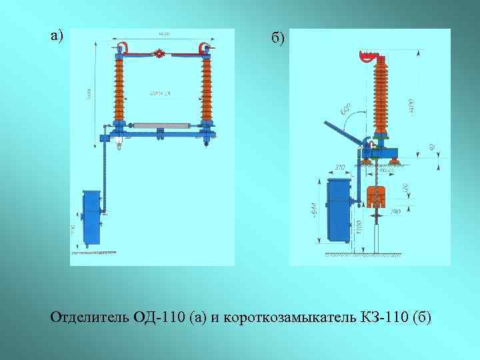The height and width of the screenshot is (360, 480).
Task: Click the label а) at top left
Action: (x=57, y=35)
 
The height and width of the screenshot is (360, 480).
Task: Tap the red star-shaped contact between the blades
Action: (x=159, y=54)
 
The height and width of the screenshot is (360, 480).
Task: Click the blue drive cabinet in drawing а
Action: (x=91, y=217)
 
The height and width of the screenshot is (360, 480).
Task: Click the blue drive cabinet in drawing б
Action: (x=340, y=210)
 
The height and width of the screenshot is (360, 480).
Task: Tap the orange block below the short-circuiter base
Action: (x=377, y=195)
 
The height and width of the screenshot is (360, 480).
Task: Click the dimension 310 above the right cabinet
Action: (x=340, y=167)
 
